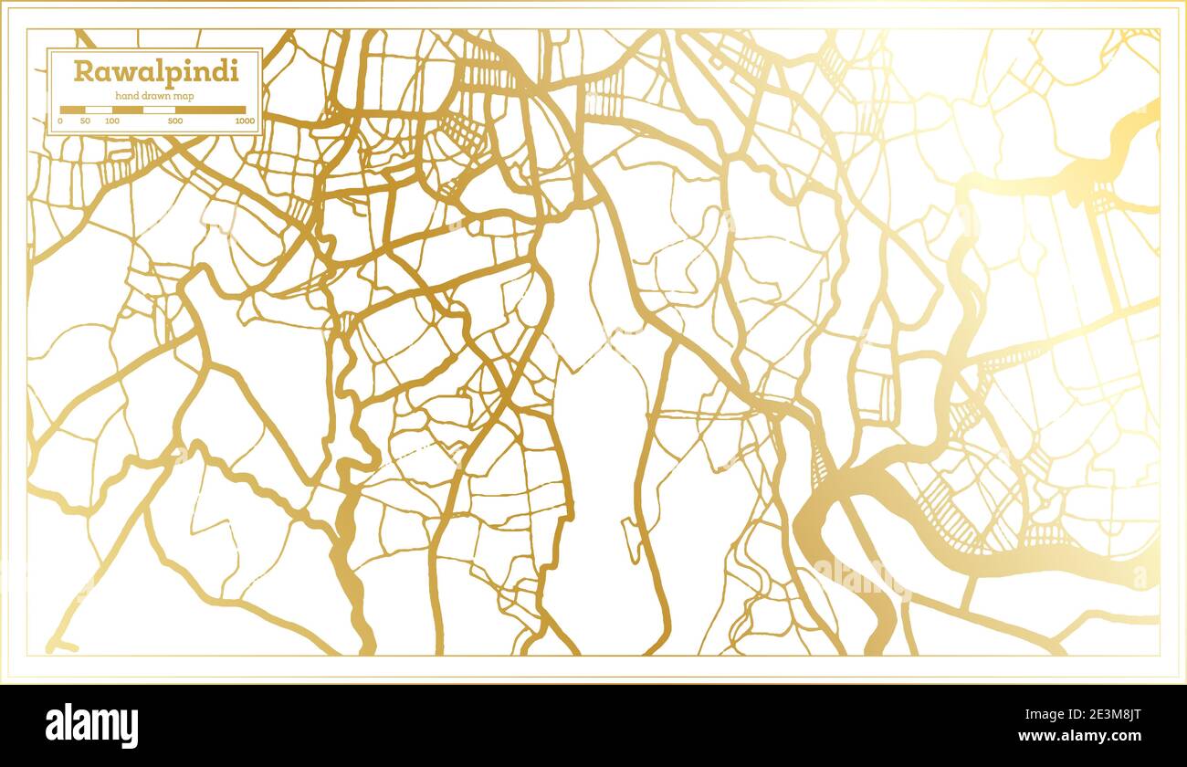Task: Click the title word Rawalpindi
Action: (x=156, y=71)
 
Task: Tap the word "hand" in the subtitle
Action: (x=126, y=96)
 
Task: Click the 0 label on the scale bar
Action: (x=60, y=121)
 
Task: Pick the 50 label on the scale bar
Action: (x=85, y=121)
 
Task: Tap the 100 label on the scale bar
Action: (x=112, y=121)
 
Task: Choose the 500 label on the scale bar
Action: (x=175, y=121)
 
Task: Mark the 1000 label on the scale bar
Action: (x=244, y=121)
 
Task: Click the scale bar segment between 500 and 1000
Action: (x=210, y=110)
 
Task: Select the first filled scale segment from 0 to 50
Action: (x=73, y=110)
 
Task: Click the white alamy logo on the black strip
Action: (x=92, y=726)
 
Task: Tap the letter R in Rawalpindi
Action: (x=82, y=71)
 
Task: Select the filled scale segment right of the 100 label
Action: (x=128, y=110)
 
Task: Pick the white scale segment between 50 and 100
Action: (x=99, y=110)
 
